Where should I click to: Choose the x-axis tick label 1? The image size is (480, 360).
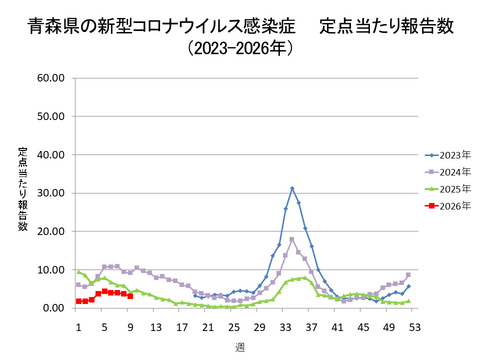pyautogui.click(x=78, y=327)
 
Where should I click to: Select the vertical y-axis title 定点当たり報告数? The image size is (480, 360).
pyautogui.click(x=23, y=189)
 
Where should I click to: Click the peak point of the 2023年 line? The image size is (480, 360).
pyautogui.click(x=292, y=188)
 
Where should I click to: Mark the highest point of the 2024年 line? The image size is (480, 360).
pyautogui.click(x=292, y=239)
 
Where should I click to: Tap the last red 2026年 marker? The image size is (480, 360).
pyautogui.click(x=130, y=296)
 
